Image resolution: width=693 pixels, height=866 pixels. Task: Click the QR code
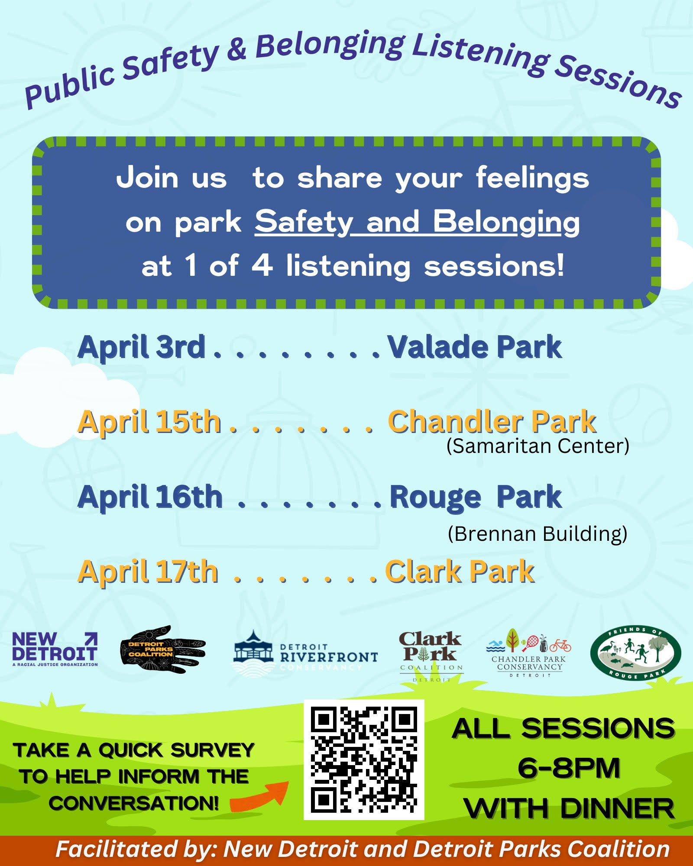(364, 759)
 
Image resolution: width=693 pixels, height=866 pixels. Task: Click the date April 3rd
(141, 347)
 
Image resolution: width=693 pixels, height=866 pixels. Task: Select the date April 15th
(149, 422)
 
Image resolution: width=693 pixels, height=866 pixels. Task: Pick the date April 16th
(150, 497)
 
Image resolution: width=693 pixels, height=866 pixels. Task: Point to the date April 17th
(148, 572)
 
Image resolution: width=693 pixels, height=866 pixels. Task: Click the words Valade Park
(475, 347)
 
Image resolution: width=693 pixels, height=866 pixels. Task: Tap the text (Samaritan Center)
(538, 446)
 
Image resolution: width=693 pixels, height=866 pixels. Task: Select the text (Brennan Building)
(538, 534)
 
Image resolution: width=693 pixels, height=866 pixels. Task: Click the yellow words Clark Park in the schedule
(460, 572)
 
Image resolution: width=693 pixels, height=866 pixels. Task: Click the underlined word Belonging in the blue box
(506, 223)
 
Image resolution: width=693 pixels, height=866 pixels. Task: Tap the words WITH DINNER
(569, 808)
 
